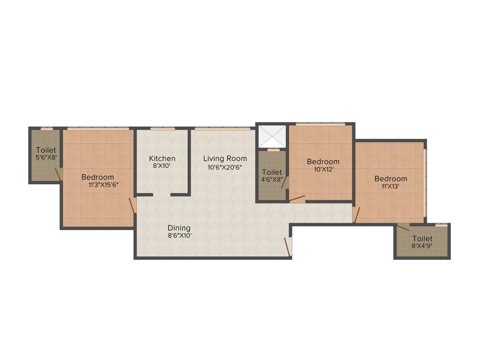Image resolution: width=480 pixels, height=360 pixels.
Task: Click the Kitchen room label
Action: click(162, 158)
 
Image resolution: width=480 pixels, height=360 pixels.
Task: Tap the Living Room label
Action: click(225, 158)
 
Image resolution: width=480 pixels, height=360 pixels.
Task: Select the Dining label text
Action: click(179, 228)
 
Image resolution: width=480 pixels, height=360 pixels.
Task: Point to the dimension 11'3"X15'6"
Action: click(103, 185)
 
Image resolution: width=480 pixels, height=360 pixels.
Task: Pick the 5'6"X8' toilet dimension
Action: click(46, 158)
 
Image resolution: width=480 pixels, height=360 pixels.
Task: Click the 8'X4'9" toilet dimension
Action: click(422, 245)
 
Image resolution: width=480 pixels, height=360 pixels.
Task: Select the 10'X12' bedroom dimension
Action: click(323, 170)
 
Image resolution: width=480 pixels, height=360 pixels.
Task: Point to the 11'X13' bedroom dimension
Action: click(390, 187)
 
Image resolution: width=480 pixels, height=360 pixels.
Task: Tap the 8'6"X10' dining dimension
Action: click(180, 236)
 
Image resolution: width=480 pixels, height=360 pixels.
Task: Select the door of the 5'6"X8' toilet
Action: click(58, 174)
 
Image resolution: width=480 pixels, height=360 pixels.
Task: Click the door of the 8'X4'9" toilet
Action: click(403, 228)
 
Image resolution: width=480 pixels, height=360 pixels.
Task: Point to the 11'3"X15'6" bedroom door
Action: click(133, 205)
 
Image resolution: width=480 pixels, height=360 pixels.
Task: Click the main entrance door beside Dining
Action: click(288, 247)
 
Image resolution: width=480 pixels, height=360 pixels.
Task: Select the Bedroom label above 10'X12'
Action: click(323, 162)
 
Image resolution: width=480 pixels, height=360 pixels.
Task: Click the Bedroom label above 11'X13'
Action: click(390, 179)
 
